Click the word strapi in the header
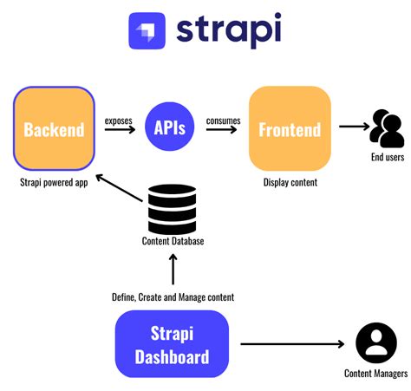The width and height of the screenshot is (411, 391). click(x=228, y=30)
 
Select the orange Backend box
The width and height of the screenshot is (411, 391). click(x=54, y=129)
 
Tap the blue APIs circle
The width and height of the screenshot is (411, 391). click(x=170, y=129)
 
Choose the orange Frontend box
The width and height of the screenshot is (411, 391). click(x=290, y=129)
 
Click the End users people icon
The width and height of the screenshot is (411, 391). click(x=387, y=127)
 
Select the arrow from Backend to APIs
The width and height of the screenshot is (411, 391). click(x=120, y=131)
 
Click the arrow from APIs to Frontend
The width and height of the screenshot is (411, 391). click(x=223, y=131)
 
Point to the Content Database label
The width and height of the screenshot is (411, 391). click(x=173, y=241)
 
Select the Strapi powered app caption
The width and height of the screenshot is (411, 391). click(x=54, y=182)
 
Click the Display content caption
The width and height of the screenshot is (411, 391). click(x=290, y=182)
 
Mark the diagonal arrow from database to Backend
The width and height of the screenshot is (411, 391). click(x=119, y=189)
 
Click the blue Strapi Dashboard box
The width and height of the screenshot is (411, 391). click(x=172, y=344)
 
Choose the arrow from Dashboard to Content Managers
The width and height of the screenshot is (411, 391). click(x=290, y=344)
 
